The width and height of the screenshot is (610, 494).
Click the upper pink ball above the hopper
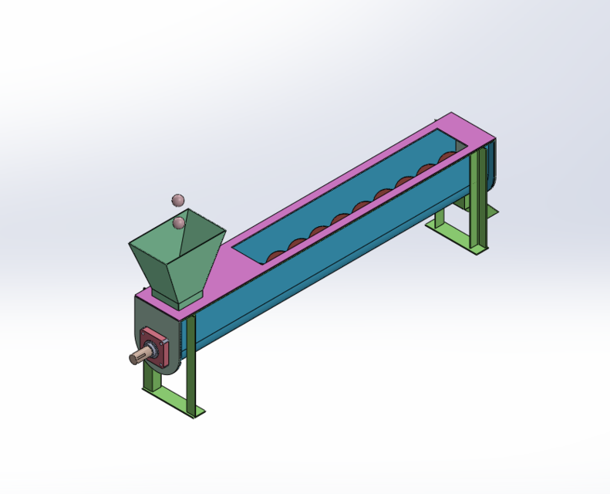click(x=178, y=201)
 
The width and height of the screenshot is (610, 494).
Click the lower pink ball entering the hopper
click(x=179, y=223)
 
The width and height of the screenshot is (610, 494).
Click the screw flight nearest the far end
click(x=447, y=157)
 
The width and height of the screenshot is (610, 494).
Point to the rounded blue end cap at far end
click(x=490, y=166)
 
